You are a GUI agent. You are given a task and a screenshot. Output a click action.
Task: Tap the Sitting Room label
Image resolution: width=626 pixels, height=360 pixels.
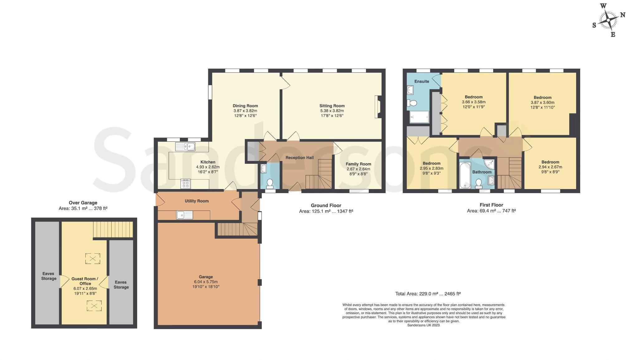click(x=332, y=106)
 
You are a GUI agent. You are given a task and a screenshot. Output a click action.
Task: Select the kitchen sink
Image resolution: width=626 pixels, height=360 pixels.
click(x=185, y=146)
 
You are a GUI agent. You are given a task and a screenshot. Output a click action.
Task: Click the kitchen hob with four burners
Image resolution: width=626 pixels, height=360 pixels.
click(x=185, y=184)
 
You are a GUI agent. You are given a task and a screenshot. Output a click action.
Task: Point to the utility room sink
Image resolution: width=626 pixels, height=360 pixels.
click(x=185, y=215)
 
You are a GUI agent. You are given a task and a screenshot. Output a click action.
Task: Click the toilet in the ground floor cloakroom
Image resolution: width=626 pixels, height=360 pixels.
click(x=270, y=182)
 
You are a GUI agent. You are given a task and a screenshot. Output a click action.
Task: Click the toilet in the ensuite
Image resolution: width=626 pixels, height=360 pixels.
click(x=412, y=103)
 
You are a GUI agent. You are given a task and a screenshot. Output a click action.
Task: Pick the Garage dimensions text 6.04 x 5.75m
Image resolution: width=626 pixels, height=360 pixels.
click(x=206, y=282)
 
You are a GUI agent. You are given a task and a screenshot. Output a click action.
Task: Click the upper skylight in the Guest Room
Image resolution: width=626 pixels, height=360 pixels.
click(x=93, y=259)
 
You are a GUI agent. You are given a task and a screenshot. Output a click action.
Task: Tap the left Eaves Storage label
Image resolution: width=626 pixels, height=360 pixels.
click(x=49, y=276)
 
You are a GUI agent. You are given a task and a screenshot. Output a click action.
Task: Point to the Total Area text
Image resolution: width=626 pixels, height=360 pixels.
click(x=428, y=294)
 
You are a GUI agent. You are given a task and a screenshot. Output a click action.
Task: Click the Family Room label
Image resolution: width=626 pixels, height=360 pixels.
click(x=358, y=164)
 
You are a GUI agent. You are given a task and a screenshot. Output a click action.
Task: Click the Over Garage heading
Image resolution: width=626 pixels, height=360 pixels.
click(x=83, y=202)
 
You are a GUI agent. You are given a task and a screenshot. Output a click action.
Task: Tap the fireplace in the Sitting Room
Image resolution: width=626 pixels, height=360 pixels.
click(x=378, y=107)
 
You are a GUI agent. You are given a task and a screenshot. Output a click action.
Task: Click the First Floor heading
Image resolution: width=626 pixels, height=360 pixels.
click(x=491, y=205)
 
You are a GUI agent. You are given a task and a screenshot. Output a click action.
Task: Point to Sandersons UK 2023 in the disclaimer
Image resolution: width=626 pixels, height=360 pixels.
click(x=423, y=325)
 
